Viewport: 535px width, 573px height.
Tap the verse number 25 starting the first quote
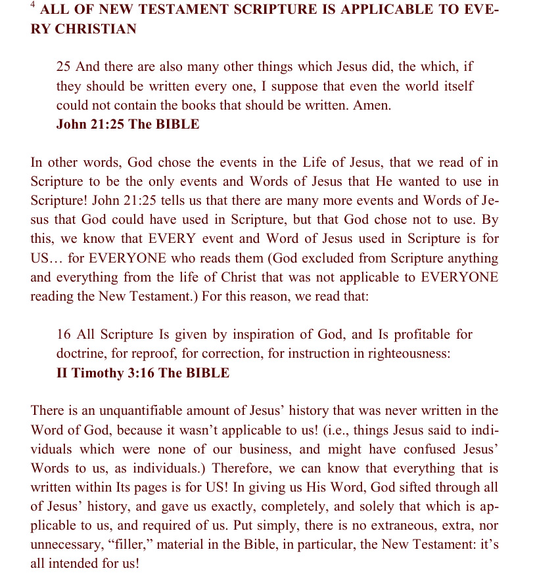(x=64, y=67)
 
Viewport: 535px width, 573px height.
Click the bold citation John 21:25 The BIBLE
(x=128, y=124)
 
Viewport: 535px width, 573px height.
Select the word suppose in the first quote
(x=307, y=86)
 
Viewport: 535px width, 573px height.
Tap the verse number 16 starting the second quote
(x=64, y=335)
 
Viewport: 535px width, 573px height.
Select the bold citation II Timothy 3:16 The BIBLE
(x=143, y=373)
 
